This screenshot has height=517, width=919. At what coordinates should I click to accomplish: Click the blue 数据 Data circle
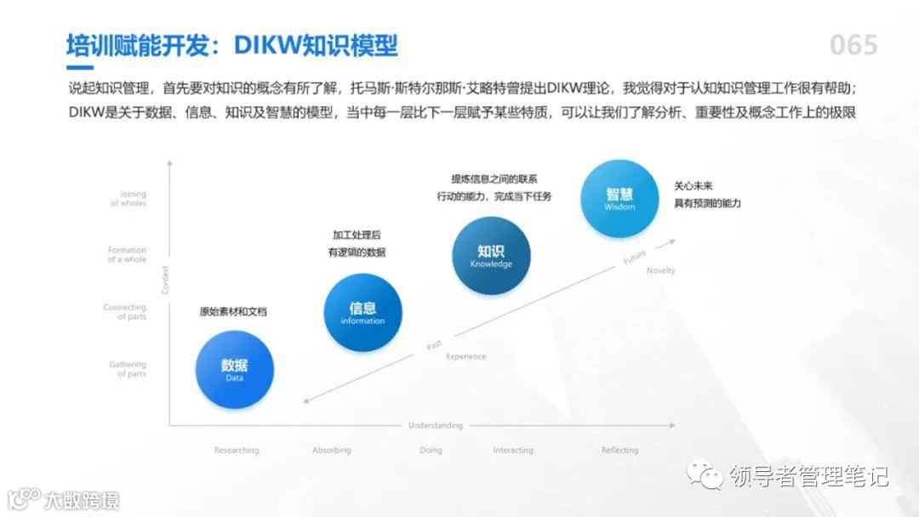(234, 369)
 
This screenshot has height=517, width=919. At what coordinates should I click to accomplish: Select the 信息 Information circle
(362, 312)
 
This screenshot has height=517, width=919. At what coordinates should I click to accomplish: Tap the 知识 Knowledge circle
(491, 256)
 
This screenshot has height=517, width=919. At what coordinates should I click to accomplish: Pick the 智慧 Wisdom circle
(619, 198)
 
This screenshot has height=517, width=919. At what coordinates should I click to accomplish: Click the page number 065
(853, 45)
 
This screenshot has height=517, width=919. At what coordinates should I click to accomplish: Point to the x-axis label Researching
(237, 450)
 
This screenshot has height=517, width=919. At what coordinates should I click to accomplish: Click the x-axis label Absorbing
(332, 450)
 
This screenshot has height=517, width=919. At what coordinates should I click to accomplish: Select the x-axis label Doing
(431, 450)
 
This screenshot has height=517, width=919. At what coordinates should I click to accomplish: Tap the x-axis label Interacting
(513, 450)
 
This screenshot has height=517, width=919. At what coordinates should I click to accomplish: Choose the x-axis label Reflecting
(619, 450)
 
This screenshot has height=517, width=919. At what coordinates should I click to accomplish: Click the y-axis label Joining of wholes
(128, 199)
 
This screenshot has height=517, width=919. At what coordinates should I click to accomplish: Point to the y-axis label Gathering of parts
(128, 369)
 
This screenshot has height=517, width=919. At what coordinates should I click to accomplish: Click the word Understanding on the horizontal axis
(436, 425)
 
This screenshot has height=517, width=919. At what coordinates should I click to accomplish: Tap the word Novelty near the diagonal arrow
(660, 270)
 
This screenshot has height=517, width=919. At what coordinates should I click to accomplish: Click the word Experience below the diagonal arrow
(466, 356)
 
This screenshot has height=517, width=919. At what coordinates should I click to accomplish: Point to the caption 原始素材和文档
(233, 311)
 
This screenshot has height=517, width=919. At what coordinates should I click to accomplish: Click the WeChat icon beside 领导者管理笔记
(706, 474)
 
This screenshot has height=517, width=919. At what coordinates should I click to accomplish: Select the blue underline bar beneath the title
(80, 66)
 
